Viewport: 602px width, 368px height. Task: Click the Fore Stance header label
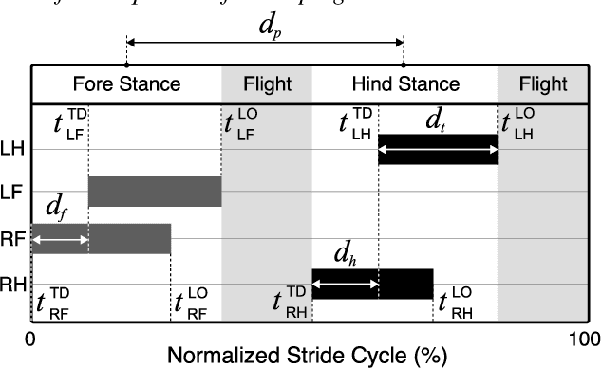point(126,84)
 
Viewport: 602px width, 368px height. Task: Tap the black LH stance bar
point(438,149)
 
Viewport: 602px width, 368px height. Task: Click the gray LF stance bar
point(155,192)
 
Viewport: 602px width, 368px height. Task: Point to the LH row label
point(14,149)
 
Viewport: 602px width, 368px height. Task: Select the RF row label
point(14,238)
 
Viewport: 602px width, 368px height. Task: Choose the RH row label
point(14,283)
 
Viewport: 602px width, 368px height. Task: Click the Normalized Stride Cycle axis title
point(307,356)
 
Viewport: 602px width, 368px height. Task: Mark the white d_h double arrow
point(346,283)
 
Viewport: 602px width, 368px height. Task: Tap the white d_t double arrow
point(438,149)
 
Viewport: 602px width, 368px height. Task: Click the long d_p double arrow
point(265,43)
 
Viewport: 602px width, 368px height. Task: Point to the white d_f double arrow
point(60,242)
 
